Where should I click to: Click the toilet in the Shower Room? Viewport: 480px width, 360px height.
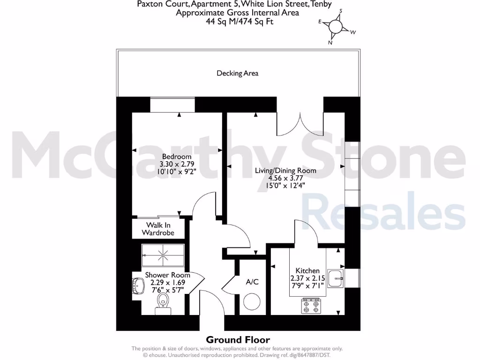click(163, 302)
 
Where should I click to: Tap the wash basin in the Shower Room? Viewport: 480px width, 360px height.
click(139, 285)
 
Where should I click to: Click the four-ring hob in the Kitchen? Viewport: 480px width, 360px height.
click(312, 307)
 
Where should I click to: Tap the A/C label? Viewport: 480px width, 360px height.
click(252, 282)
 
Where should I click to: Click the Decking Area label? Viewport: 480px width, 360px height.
click(237, 73)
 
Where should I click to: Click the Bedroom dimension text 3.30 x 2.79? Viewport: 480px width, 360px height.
click(177, 164)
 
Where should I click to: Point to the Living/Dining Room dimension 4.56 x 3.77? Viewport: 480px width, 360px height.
click(285, 178)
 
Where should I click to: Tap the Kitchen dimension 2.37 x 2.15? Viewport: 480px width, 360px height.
click(307, 278)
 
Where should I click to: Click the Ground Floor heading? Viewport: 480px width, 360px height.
click(238, 340)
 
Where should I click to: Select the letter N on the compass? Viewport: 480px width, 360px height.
click(330, 43)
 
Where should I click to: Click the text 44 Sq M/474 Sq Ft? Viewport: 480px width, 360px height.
click(237, 21)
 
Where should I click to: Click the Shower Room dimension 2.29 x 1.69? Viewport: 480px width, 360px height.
click(167, 283)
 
